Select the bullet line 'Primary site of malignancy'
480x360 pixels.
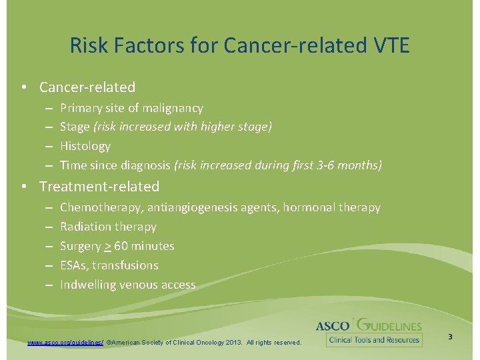point(131,107)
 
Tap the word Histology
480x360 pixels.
point(85,145)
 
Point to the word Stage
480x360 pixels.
point(75,127)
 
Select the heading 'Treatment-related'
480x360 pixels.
point(99,186)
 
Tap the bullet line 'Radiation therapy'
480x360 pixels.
point(108,227)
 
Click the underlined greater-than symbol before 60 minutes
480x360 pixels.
point(107,246)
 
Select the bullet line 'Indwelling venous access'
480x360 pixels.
point(127,285)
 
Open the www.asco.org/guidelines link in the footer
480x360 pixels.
point(65,342)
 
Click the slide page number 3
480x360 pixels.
point(450,337)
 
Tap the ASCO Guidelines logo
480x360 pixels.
point(369,325)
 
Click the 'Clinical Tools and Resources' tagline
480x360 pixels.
point(373,340)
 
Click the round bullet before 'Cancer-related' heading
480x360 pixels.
point(23,87)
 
